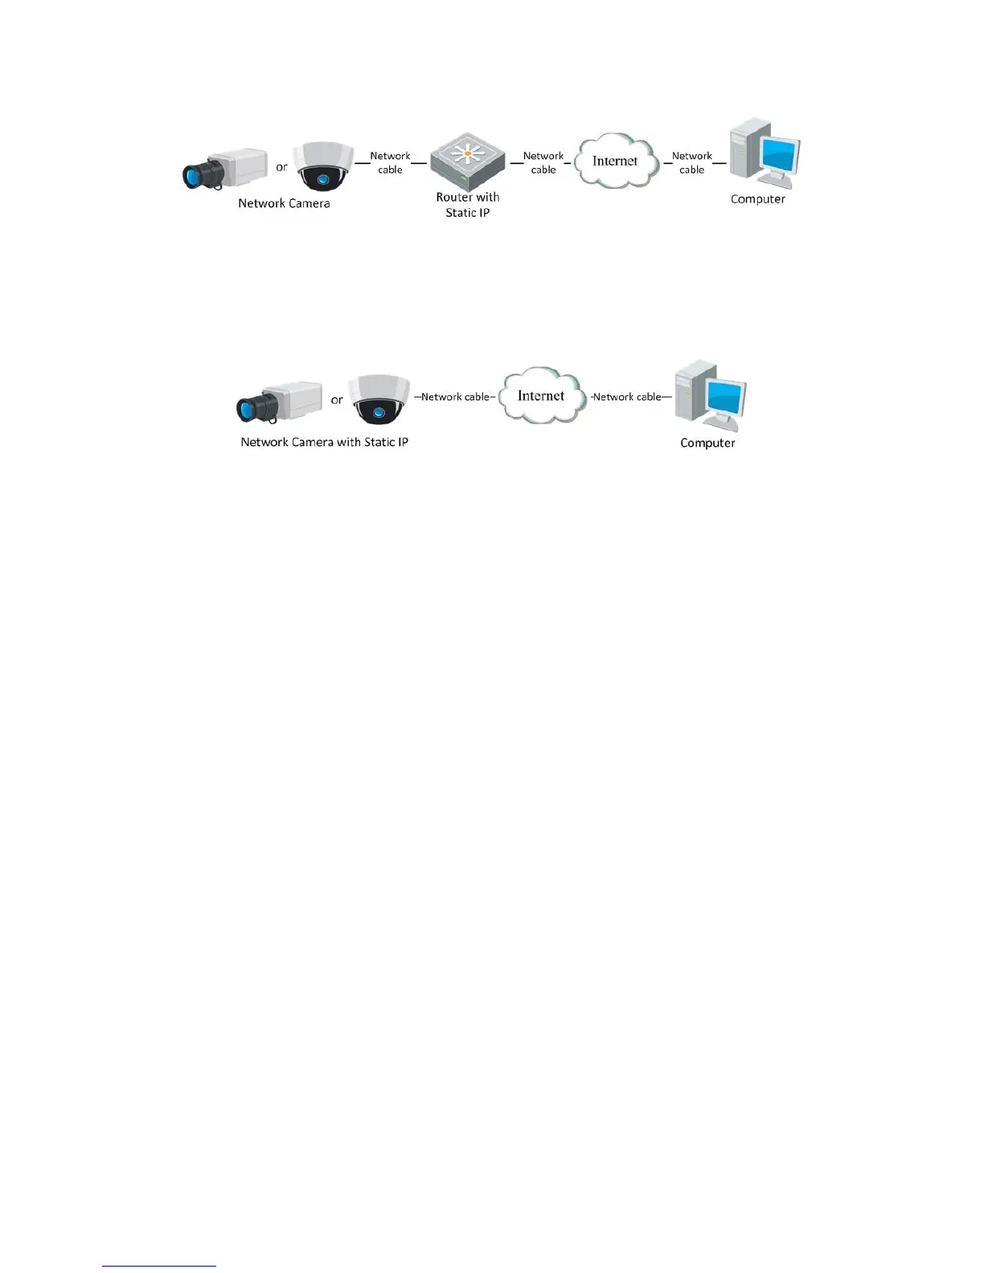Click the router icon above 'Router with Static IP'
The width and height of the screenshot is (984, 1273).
tap(467, 161)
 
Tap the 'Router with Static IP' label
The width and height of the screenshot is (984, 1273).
tap(467, 205)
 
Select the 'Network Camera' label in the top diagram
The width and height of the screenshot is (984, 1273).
tap(284, 203)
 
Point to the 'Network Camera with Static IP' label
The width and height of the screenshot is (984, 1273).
tap(324, 442)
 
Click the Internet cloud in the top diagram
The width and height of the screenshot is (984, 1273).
tap(615, 161)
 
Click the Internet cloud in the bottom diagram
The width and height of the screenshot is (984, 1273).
tap(541, 395)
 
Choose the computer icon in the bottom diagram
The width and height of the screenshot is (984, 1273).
tap(710, 395)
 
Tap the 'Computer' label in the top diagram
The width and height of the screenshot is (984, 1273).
tap(757, 199)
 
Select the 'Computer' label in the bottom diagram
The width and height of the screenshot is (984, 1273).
tap(707, 443)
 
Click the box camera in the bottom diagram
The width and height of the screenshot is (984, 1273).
tap(279, 401)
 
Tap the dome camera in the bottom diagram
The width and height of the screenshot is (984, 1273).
tap(379, 399)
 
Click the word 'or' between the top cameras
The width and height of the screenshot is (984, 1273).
tap(281, 167)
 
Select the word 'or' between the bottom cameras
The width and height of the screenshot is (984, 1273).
tap(337, 399)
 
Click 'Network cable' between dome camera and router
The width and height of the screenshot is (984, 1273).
tap(390, 162)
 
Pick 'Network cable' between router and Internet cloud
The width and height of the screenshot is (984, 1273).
tap(543, 162)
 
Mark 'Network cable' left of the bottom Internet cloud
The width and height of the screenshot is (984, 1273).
tap(454, 397)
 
